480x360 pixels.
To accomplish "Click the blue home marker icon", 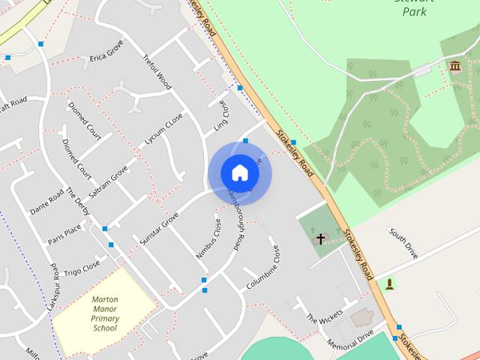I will pos(239,172).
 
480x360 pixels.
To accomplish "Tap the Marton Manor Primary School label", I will pos(106,313).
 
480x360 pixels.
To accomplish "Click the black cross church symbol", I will pos(320,239).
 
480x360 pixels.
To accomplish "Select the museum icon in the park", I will pos(454,67).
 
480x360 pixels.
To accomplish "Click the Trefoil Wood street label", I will pos(157,71).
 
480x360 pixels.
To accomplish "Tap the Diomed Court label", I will pos(83,120).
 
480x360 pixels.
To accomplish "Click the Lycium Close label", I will pos(163,129).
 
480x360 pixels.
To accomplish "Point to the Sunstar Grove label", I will pos(159,228).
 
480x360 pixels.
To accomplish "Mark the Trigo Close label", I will pos(81,268).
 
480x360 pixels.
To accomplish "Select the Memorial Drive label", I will pos(349,341).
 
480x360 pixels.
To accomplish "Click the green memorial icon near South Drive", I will pos(389,283).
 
